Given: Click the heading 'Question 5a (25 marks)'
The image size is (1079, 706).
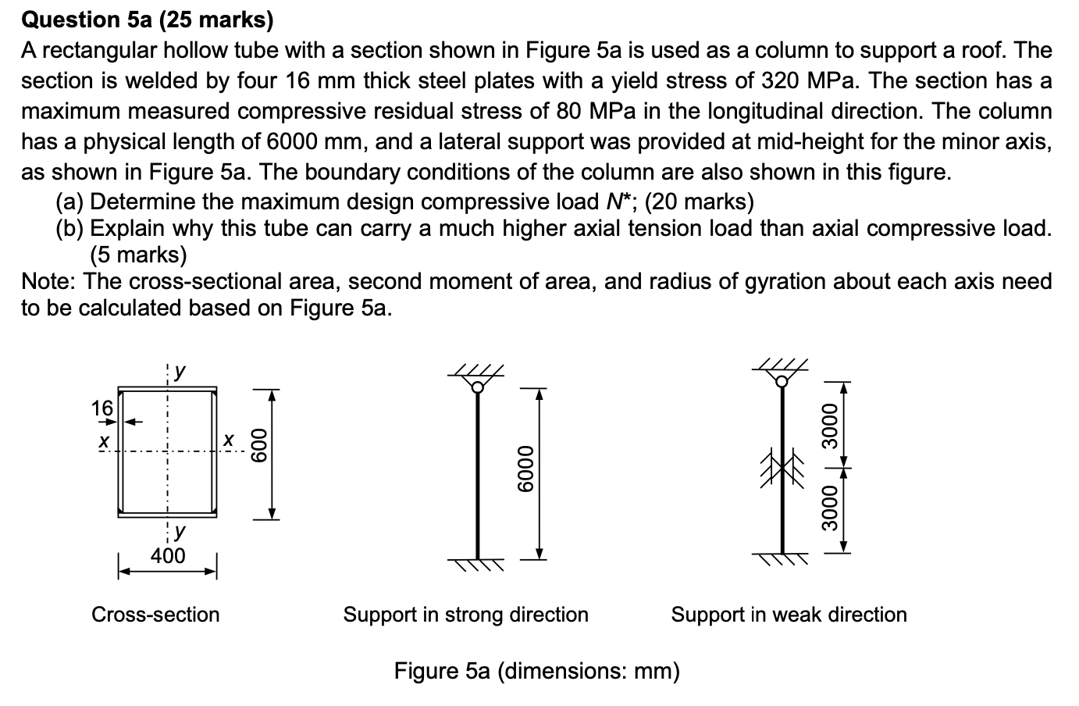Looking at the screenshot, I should tap(147, 20).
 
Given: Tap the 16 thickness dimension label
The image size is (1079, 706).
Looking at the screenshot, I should tap(102, 407).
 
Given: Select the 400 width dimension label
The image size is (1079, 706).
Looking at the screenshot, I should tap(168, 556).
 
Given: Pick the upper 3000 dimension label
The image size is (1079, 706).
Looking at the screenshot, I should tap(829, 426).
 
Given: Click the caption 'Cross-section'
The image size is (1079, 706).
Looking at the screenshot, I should tap(155, 615).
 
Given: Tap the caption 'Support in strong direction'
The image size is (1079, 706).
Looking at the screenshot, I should tap(465, 615).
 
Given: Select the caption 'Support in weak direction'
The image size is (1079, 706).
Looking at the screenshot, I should tap(789, 615).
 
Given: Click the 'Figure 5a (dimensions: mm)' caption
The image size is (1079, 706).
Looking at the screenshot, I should tap(536, 671).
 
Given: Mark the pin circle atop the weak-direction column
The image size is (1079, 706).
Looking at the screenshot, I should tap(782, 381).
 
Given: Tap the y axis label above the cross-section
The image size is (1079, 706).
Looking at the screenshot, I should tap(179, 371).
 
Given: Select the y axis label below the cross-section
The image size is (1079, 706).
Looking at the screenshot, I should tap(179, 533).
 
